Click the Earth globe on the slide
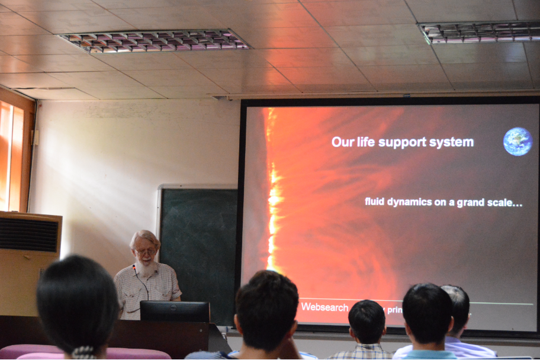(517, 142)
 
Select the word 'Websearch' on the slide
(324, 307)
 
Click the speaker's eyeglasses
(145, 251)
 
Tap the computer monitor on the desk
(175, 311)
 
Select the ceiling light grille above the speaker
(155, 40)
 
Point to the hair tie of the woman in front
(84, 352)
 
